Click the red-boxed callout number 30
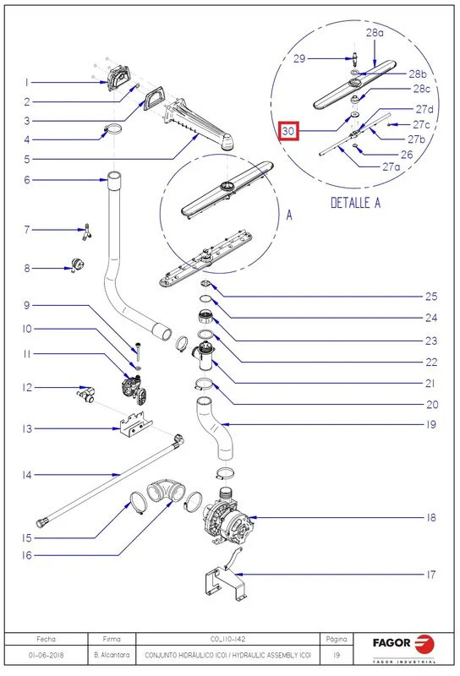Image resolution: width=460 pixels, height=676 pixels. [x=288, y=131]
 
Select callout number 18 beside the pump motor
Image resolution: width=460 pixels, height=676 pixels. [x=431, y=517]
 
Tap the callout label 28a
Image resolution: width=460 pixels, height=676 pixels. [x=375, y=32]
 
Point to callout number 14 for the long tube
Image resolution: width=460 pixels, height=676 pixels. [x=27, y=475]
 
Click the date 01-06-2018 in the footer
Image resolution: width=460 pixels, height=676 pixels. [x=46, y=655]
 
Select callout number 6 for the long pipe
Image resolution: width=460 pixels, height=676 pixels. [x=27, y=179]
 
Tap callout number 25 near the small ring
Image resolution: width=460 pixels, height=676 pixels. [x=431, y=296]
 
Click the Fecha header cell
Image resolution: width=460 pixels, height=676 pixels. [x=46, y=639]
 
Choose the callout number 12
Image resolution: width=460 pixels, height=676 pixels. [x=27, y=388]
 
